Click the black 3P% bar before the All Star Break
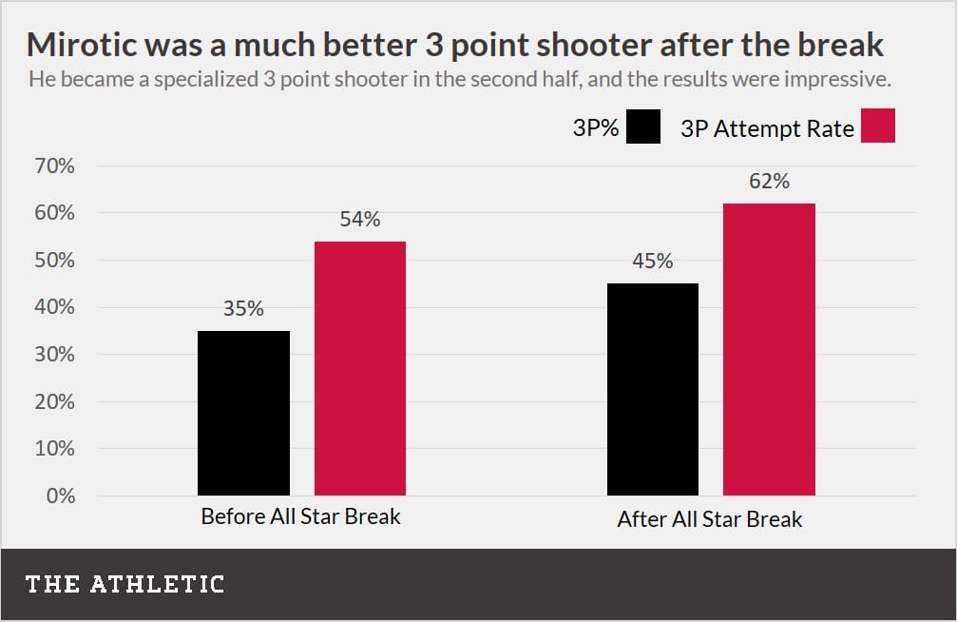pos(243,413)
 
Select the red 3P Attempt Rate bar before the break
pos(360,368)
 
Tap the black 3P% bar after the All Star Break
pos(652,389)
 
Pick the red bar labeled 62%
pos(769,349)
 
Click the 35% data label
pos(243,309)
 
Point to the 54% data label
pos(360,220)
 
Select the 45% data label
pos(652,262)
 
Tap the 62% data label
pos(769,181)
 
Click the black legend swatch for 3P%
pos(643,126)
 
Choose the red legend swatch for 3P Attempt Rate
pos(878,126)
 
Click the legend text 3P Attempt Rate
pos(767,128)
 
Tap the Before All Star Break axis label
pos(300,517)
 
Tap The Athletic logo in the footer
pos(124,583)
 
